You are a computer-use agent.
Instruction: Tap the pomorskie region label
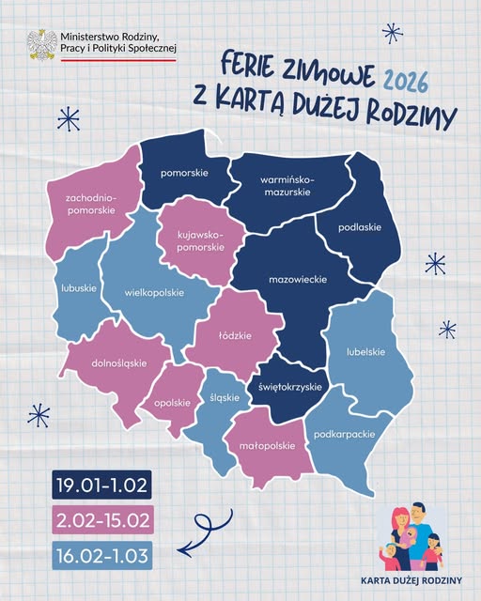(184, 173)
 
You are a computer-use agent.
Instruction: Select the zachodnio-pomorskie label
(90, 205)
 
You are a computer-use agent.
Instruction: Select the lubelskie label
(364, 352)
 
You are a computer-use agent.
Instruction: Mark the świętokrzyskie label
(290, 387)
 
